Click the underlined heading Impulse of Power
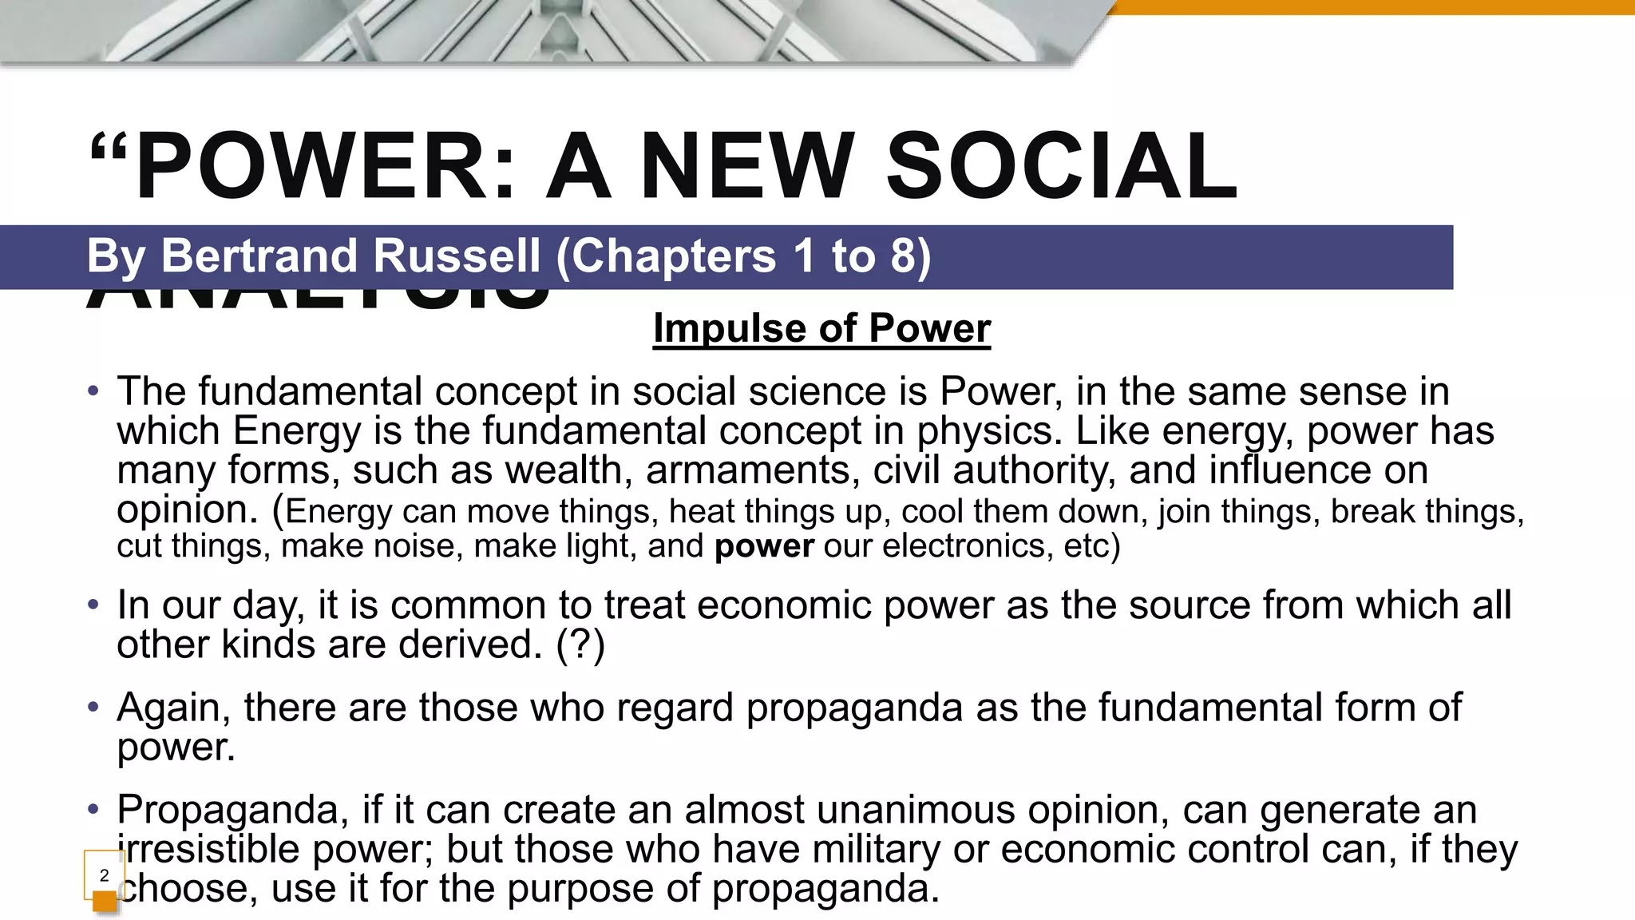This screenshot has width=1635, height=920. tap(821, 328)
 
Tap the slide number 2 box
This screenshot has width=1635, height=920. tap(104, 875)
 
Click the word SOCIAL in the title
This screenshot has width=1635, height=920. tap(1062, 166)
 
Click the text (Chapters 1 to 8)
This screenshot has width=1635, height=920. tap(742, 256)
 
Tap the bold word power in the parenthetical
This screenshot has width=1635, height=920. tap(764, 546)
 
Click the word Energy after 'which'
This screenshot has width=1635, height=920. tap(297, 431)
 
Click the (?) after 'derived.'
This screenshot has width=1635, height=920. tap(580, 644)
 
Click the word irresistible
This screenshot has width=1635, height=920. tap(208, 849)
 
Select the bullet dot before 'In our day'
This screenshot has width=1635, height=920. tap(93, 605)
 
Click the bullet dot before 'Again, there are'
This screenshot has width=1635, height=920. tap(93, 707)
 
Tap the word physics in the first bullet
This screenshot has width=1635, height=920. tap(988, 431)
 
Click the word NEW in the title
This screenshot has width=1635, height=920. tap(747, 166)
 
